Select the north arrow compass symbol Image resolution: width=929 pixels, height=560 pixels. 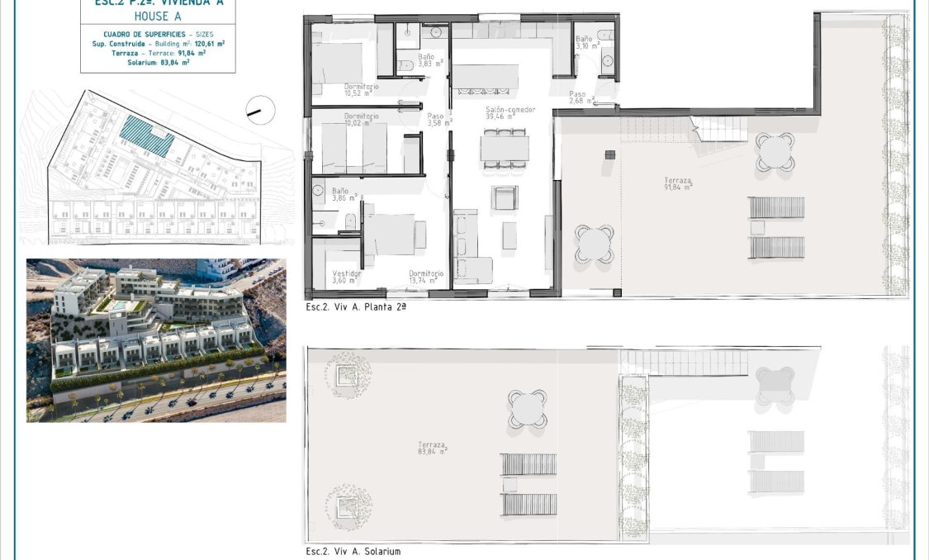point(259,107)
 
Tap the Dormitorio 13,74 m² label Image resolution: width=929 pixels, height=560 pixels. point(425,278)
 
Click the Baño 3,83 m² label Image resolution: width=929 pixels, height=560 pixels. point(430,60)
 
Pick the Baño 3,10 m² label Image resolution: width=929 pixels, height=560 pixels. point(585,43)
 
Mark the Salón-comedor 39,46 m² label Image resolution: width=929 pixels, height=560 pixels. point(510,113)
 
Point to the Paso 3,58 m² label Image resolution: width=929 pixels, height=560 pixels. point(438,120)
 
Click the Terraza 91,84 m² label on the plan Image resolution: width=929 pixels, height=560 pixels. point(678,183)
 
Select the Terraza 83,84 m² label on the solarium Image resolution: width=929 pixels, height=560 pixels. point(432,448)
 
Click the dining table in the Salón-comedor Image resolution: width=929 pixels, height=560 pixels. point(505,149)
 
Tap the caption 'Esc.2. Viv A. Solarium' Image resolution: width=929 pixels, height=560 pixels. point(353,551)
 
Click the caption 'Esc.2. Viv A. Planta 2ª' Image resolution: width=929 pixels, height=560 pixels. point(356,306)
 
